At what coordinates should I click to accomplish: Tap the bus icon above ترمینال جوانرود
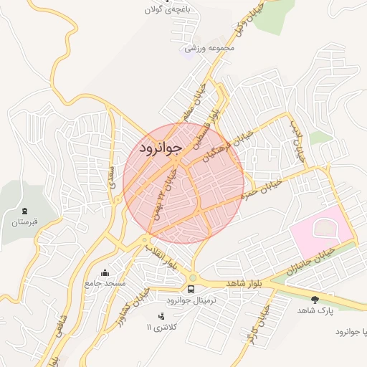coord(191,289)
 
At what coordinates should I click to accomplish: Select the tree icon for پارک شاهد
coord(315,300)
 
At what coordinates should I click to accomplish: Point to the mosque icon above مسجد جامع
coord(105,272)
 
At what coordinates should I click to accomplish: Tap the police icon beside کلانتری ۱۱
coord(161,315)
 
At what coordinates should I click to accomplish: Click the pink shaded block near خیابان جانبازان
coord(321,234)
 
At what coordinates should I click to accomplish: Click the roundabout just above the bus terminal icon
coord(192,278)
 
